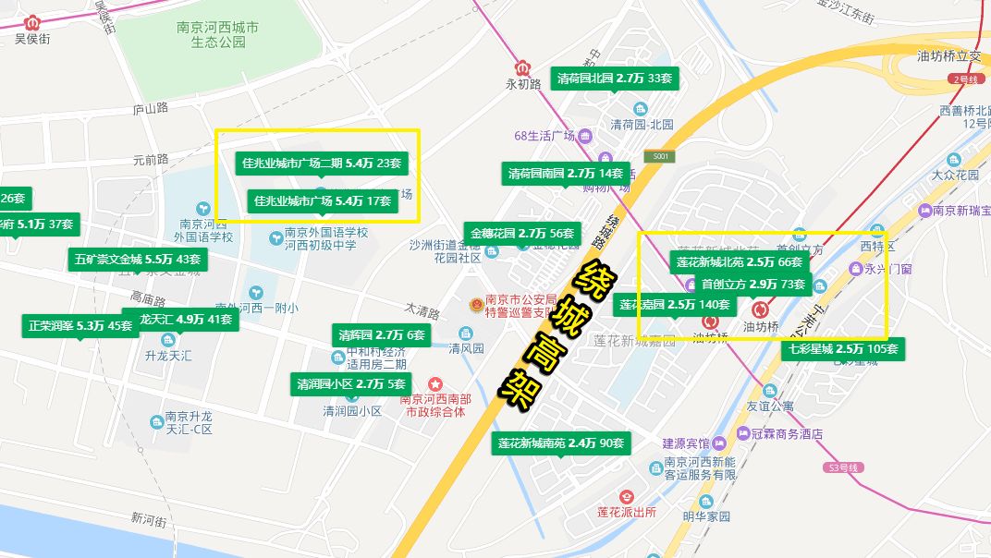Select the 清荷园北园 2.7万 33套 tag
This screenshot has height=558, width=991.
[x=615, y=79]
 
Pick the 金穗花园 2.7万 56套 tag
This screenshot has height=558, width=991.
[x=522, y=234]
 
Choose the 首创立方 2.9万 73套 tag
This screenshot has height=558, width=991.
[x=752, y=284]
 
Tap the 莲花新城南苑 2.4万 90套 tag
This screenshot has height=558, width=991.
[x=561, y=443]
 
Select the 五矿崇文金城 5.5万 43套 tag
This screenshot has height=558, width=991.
[x=138, y=260]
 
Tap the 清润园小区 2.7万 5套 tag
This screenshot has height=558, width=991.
[x=351, y=383]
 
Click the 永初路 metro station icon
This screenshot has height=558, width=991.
[x=522, y=67]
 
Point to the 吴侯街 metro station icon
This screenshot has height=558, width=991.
[x=33, y=22]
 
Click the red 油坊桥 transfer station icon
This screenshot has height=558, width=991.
[x=761, y=309]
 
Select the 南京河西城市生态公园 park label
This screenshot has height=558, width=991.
[x=218, y=35]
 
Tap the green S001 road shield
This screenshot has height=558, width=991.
[x=659, y=157]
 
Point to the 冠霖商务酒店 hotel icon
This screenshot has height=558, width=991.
[x=744, y=433]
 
